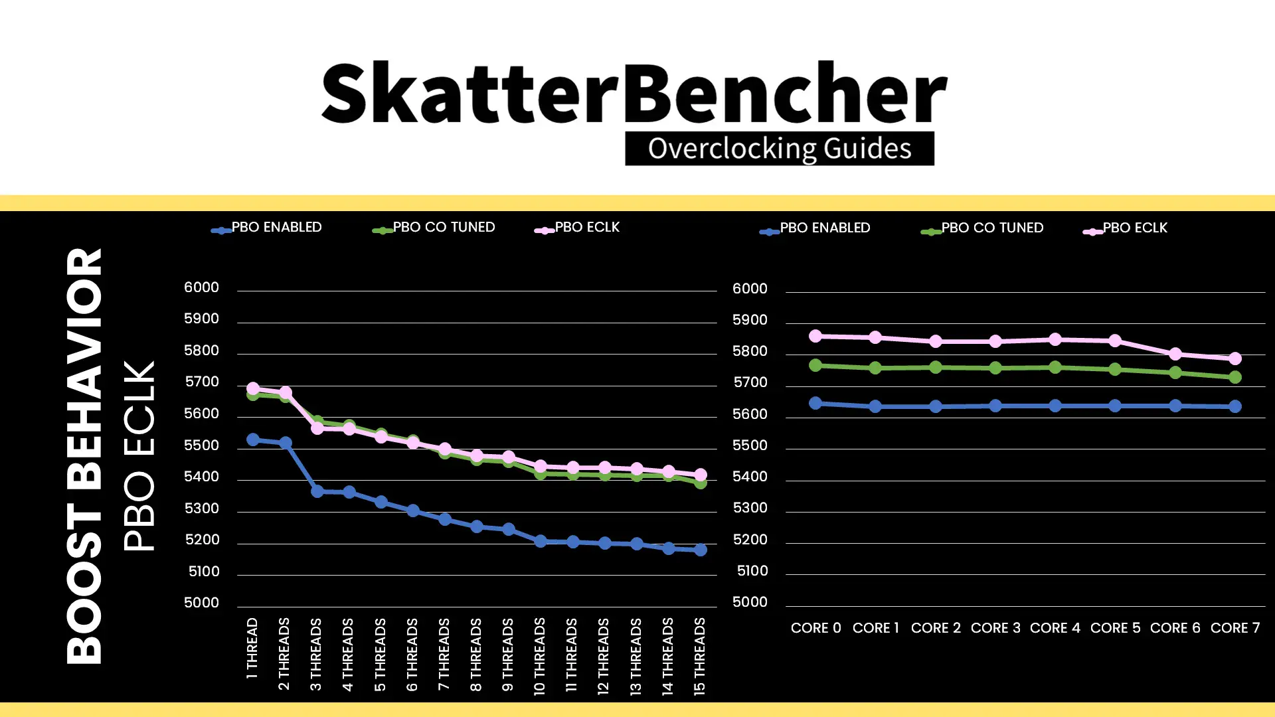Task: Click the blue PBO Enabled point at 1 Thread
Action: click(x=253, y=439)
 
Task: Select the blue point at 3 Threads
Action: click(x=317, y=491)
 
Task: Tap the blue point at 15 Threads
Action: click(x=701, y=550)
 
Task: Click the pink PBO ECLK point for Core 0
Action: click(x=815, y=336)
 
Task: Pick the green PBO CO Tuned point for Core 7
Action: click(x=1235, y=377)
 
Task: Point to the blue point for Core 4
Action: click(x=1055, y=406)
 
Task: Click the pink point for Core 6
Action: click(x=1175, y=354)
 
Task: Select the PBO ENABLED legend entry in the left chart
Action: click(x=266, y=228)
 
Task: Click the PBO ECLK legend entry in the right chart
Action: click(x=1125, y=228)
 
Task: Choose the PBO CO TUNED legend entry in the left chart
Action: click(x=434, y=228)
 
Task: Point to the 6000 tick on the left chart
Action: click(x=201, y=287)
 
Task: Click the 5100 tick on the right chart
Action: click(x=752, y=571)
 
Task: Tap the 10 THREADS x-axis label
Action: click(x=539, y=656)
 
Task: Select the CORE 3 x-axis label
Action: click(x=995, y=628)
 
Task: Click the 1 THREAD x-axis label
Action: click(x=252, y=648)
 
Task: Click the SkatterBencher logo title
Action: click(x=634, y=93)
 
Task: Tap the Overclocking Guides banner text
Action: click(x=780, y=148)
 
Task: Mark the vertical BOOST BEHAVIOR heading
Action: click(x=84, y=456)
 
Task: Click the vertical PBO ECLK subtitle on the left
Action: click(x=139, y=456)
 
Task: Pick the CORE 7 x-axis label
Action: click(x=1235, y=628)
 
